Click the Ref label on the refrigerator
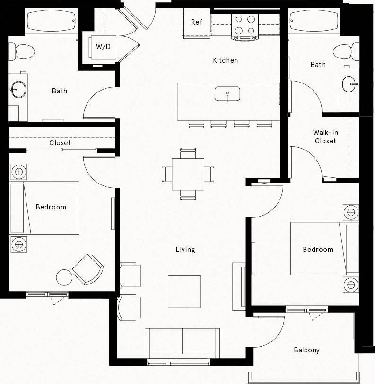pos(197,22)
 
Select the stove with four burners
pos(245,26)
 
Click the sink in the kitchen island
pos(227,94)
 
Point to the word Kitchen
pos(225,60)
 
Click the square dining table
pos(188,173)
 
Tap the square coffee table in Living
pos(184,291)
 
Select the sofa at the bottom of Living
pos(182,343)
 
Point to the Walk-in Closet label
pos(325,137)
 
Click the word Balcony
pos(306,350)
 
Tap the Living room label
pos(185,250)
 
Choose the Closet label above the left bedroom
pos(60,142)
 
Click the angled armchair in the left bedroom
pos(88,269)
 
